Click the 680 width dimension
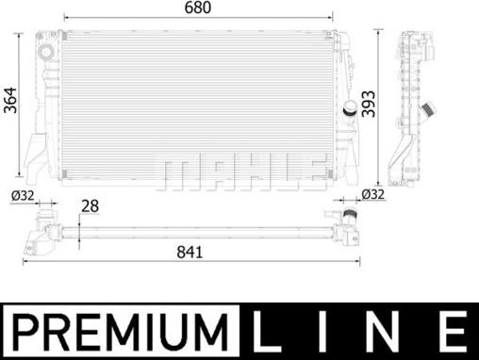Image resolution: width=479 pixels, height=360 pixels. (x=198, y=8)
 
